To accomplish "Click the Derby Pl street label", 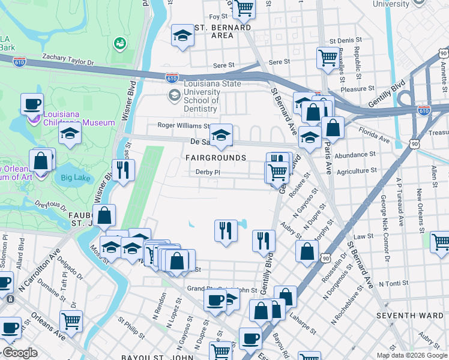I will pos(208,172).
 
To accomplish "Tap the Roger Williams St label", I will pos(184,126).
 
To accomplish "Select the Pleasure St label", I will pos(370,89).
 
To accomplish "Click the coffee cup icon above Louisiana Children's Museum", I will pos(32,104).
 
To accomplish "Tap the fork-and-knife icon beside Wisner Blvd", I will pos(123,169).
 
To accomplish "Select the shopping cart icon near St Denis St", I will pos(328,58).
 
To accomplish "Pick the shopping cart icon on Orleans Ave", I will pos(71,320).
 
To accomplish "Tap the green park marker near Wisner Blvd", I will pos(119,43).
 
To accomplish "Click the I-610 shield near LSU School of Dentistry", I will pos(172,77).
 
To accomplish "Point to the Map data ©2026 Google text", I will pos(411,355).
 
